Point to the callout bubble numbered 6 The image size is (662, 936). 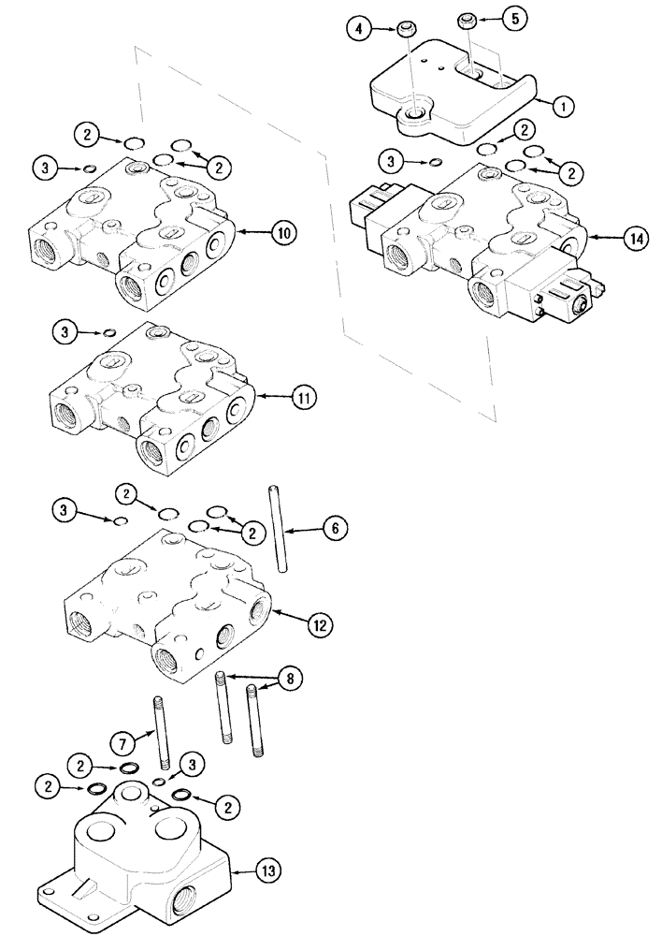(x=335, y=529)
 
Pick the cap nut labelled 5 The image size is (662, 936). (x=468, y=21)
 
